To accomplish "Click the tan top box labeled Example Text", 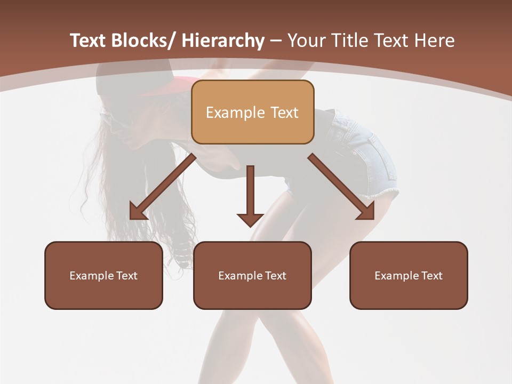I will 252,112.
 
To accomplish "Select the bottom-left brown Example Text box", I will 103,275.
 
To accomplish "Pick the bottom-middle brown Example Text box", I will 252,275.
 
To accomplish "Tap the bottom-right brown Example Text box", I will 409,275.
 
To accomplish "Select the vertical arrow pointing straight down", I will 250,195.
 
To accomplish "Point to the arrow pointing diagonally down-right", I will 341,187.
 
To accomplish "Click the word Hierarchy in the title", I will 223,41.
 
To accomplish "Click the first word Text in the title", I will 89,41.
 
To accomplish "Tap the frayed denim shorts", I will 368,155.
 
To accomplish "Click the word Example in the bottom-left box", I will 89,275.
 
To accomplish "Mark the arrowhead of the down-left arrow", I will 138,212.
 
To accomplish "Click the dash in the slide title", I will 276,41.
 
